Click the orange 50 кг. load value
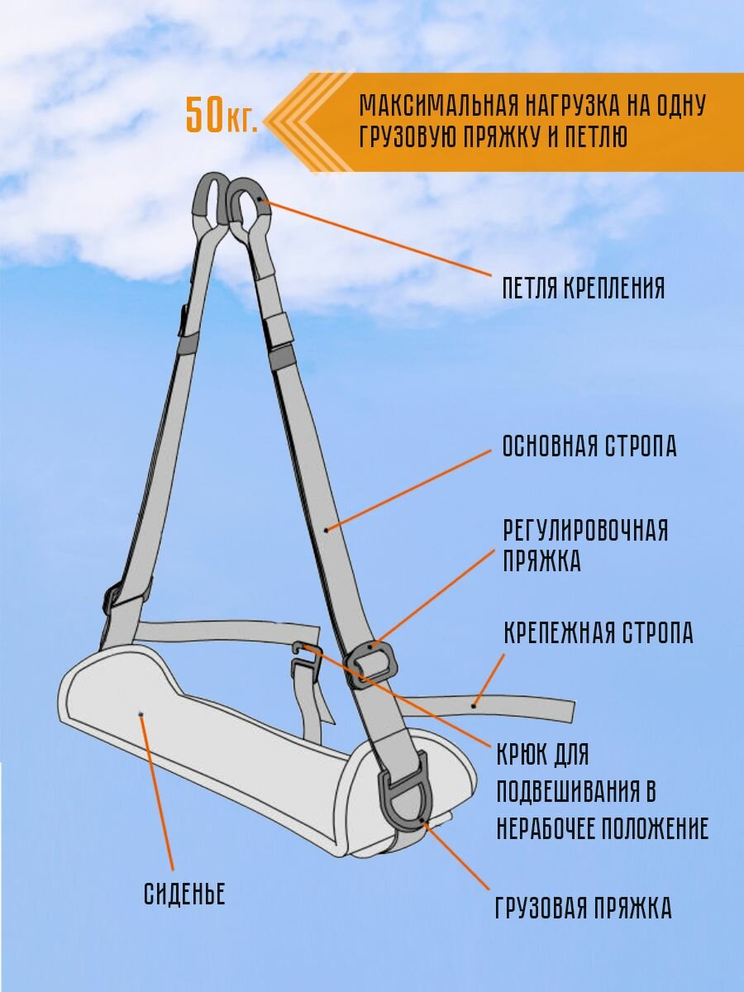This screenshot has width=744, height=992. coord(221,116)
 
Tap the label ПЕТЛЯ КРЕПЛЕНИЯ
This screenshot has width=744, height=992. coord(584,289)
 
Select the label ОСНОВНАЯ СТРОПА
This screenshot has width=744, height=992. coord(589,446)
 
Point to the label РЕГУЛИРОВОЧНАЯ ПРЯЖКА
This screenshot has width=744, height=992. coord(585,546)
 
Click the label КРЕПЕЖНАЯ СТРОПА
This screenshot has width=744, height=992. coord(599,634)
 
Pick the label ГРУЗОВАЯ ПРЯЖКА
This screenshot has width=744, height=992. coord(583,909)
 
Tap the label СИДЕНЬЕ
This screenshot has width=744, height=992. coord(184,894)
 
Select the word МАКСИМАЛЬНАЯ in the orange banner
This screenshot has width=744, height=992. coord(436,107)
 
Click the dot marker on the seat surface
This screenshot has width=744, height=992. coord(141,714)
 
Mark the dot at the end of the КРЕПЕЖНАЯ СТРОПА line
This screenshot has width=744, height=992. coord(474,705)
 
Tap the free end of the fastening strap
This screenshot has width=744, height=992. coord(562,709)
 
